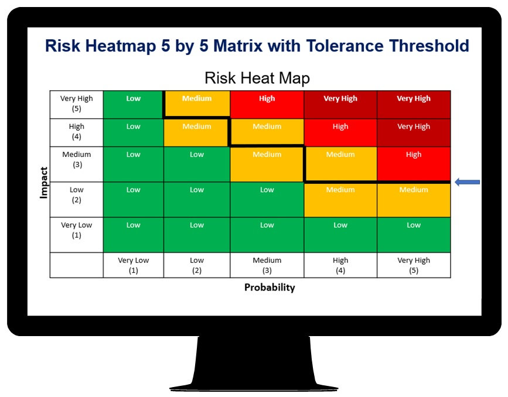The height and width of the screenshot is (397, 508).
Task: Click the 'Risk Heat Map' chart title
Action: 257,78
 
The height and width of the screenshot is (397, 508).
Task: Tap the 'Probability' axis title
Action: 270,288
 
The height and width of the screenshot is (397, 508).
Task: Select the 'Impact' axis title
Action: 43,184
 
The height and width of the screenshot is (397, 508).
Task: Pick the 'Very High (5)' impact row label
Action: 77,104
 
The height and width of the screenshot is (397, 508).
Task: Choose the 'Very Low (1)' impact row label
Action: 77,230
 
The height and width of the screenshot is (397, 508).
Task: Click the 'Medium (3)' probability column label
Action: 267,265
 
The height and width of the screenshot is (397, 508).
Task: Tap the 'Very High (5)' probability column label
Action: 414,265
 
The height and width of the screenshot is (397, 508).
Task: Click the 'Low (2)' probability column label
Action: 196,265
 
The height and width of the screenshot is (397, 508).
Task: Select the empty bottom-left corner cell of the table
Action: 77,265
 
